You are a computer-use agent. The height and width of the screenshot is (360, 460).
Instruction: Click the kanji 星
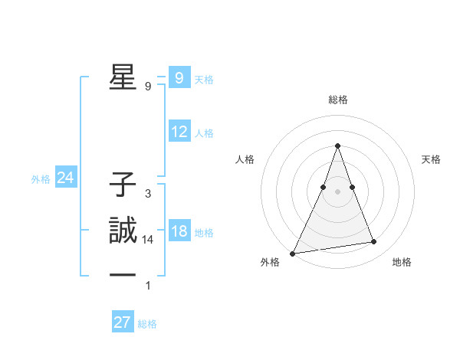tap(121, 77)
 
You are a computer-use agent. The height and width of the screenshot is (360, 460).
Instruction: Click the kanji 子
tap(121, 184)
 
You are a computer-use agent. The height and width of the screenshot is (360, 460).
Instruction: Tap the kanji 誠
tap(121, 230)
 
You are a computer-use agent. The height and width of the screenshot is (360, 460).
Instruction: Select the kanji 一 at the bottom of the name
tap(121, 274)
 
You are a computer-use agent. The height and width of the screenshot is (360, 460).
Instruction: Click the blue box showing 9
tap(179, 78)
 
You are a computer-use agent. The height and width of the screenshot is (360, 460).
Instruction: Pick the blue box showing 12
tap(179, 132)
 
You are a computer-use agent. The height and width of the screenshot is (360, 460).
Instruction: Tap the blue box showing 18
tap(179, 231)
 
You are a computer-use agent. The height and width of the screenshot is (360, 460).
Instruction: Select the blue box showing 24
tap(65, 178)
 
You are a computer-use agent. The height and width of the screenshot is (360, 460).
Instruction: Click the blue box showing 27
tap(123, 322)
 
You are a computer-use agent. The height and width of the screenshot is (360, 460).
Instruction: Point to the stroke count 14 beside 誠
tap(148, 240)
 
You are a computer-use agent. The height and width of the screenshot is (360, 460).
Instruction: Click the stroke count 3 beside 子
tap(147, 194)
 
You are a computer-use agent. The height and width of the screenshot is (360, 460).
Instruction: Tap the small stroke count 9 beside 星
tap(147, 87)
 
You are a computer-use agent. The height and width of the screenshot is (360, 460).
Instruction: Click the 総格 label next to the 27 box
tap(147, 324)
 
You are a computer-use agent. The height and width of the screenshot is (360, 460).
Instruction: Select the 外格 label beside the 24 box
tap(41, 179)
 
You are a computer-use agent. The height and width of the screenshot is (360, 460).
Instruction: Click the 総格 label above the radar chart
tap(337, 100)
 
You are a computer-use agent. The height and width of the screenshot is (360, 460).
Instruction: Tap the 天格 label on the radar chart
tap(431, 159)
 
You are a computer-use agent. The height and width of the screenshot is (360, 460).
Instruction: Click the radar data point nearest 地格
tap(373, 242)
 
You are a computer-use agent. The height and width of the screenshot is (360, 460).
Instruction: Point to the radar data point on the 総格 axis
tap(337, 146)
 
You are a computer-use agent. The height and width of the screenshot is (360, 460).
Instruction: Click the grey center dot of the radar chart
tap(337, 191)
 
